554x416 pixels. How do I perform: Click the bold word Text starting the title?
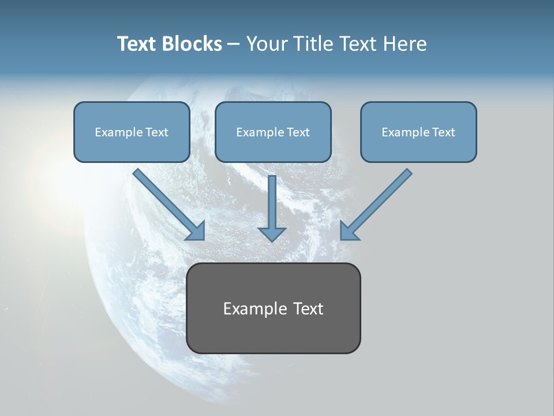coord(137,44)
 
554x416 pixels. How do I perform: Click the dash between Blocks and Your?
coord(234,44)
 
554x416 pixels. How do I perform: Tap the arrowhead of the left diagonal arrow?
coord(196,231)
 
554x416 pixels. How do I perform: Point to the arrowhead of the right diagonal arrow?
coord(349,231)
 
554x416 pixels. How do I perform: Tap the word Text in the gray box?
coord(308,309)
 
